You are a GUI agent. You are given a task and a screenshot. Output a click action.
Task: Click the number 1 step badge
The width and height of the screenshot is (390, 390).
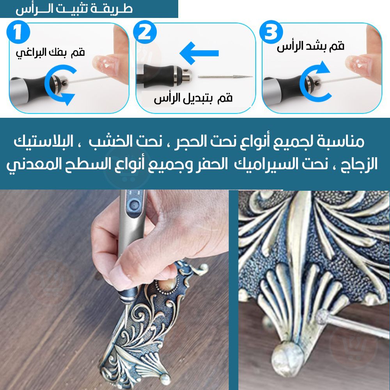(18, 32)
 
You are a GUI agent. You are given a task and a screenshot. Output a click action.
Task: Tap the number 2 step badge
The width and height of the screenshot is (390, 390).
(145, 32)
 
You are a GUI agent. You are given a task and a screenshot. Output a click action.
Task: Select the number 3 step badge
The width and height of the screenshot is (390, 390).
(271, 32)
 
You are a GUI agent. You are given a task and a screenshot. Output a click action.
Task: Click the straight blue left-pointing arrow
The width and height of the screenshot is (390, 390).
(199, 53)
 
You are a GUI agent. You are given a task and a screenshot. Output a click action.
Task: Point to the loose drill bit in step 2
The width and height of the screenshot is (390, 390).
(225, 77)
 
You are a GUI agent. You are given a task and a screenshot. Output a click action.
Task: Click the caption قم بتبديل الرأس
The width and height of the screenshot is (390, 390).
(193, 99)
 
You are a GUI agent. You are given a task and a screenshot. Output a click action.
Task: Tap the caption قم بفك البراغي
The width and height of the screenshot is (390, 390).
(50, 53)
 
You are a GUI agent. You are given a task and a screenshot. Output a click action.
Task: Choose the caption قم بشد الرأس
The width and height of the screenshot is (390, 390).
(311, 46)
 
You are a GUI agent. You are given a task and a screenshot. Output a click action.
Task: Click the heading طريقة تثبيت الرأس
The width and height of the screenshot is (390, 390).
(74, 9)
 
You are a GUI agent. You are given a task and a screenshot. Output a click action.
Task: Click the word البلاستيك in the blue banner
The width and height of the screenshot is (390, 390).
(43, 142)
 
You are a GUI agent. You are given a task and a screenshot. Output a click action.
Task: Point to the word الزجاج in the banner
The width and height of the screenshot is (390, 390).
(360, 165)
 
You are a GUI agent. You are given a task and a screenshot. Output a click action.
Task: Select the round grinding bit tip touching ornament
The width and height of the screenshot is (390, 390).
(323, 317)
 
